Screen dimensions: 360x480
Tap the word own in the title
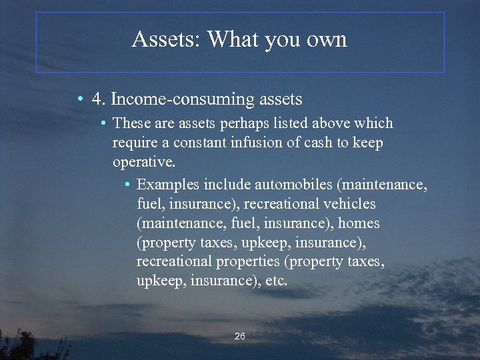pyautogui.click(x=327, y=39)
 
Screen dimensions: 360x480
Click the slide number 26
pyautogui.click(x=240, y=337)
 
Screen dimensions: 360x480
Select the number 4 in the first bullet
pyautogui.click(x=97, y=99)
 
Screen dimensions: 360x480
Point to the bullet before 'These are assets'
pyautogui.click(x=104, y=124)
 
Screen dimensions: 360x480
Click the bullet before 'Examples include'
pyautogui.click(x=127, y=184)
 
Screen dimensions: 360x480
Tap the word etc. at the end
pyautogui.click(x=276, y=281)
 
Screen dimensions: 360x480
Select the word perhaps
pyautogui.click(x=243, y=124)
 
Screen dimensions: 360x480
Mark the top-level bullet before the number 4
pyautogui.click(x=80, y=100)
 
